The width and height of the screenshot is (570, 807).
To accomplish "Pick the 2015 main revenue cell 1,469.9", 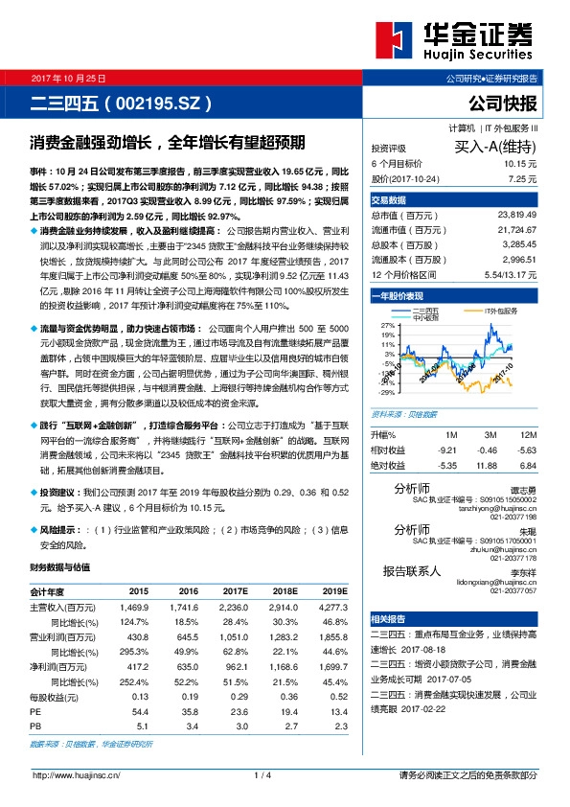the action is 133,608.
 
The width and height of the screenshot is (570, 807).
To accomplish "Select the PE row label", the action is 34,712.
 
